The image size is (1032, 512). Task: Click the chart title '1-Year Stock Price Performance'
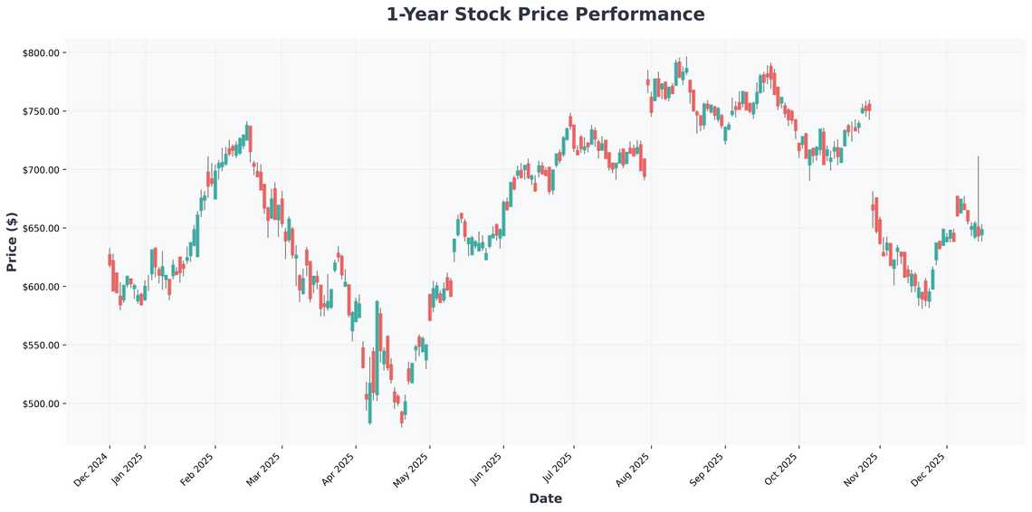click(545, 14)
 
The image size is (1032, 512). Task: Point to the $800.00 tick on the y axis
click(41, 53)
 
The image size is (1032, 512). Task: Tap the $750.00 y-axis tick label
click(41, 111)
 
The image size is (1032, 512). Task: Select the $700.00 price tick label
click(41, 170)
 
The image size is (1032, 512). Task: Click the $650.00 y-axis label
click(41, 229)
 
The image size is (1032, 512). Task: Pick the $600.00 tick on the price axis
click(41, 287)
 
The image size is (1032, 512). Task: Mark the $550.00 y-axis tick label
click(41, 346)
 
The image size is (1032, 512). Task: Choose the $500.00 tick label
click(41, 403)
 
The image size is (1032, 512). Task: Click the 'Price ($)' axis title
click(12, 242)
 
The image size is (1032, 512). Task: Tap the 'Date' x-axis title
click(545, 498)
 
